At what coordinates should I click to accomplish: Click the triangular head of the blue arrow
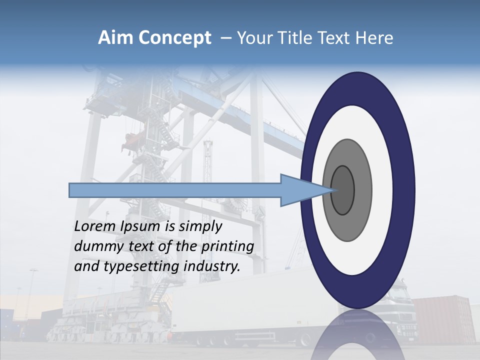294,190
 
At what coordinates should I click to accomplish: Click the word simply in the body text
200,226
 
